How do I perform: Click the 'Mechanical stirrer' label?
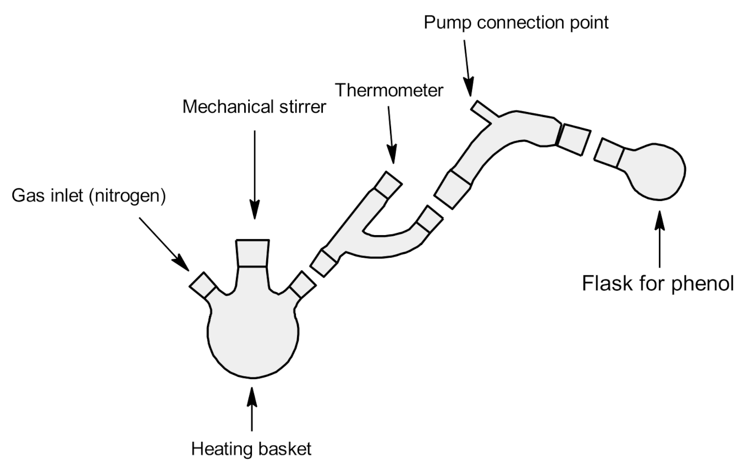coord(254,107)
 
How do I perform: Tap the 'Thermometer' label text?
coord(389,90)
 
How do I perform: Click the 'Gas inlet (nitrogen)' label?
coord(89,196)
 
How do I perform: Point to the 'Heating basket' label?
coord(251,449)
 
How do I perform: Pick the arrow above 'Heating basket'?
coord(252,409)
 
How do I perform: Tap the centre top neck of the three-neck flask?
coord(253,253)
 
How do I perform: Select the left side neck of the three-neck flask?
coord(202,285)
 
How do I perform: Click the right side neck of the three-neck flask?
coord(303,285)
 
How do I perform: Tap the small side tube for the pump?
coord(484,110)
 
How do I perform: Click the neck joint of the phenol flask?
coord(611,152)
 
